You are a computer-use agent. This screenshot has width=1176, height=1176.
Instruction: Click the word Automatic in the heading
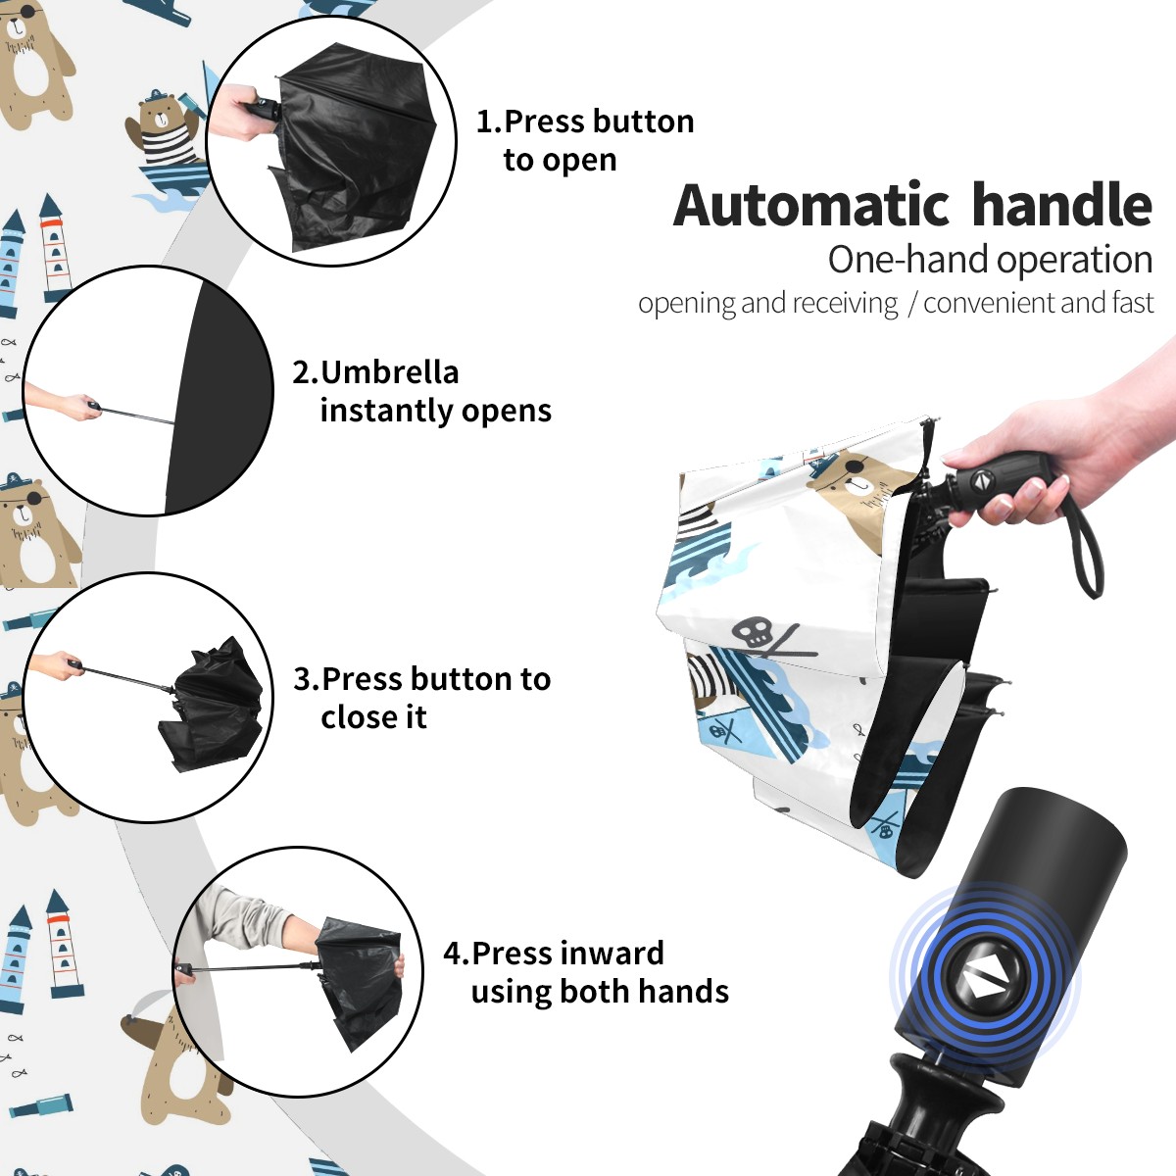point(811,206)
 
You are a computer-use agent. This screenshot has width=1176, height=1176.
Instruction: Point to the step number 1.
point(488,122)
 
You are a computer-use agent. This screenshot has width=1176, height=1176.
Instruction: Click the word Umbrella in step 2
point(389,372)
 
